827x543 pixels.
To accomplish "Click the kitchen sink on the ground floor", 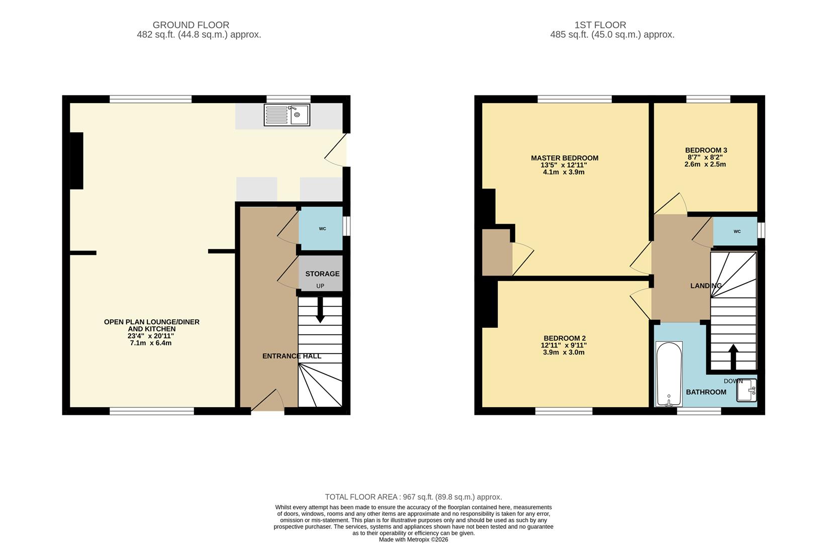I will pos(287,115).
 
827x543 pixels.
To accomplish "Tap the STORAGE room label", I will pos(322,274).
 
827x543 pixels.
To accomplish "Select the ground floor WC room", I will pos(322,229).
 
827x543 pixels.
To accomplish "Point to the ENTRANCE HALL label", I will pos(292,356).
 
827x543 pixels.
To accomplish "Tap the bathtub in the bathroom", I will pos(669,374).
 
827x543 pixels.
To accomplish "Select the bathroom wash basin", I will pos(747,391).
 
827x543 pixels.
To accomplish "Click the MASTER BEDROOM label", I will pos(565,158).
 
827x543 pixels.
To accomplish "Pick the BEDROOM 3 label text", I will pos(706,150).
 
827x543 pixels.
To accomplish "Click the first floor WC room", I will pos(736,232).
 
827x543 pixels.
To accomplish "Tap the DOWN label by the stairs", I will pos(733,381).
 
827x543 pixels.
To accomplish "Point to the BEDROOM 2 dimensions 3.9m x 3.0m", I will pos(565,352).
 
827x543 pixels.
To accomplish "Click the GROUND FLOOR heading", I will pos(191,25).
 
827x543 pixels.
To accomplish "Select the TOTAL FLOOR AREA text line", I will pos(413,497).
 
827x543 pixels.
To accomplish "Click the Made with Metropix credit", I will pos(413,539).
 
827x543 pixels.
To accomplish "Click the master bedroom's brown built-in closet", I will pos(497,252).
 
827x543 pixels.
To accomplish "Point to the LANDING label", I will pos(706,286).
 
